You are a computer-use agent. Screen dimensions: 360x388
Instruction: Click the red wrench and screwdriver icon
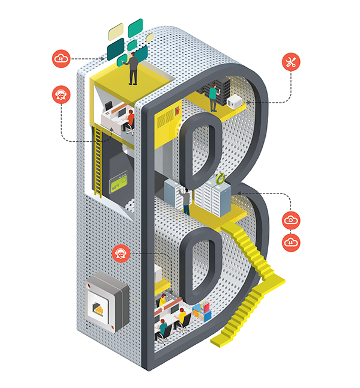pyautogui.click(x=291, y=62)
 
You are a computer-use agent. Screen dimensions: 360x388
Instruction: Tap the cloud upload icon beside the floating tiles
pyautogui.click(x=61, y=59)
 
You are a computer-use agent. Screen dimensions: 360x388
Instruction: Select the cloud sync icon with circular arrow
pyautogui.click(x=291, y=220)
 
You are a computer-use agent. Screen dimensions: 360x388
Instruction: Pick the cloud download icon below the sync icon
pyautogui.click(x=291, y=243)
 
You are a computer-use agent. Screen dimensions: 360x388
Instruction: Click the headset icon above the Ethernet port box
pyautogui.click(x=121, y=253)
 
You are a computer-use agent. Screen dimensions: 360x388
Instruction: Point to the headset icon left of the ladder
pyautogui.click(x=61, y=94)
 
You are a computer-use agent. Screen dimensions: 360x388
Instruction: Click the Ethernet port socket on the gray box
pyautogui.click(x=98, y=309)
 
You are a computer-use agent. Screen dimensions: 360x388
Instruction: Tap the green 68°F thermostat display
pyautogui.click(x=118, y=184)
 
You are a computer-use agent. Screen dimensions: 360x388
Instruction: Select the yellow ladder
pyautogui.click(x=98, y=160)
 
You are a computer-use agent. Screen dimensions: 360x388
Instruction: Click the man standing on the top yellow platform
pyautogui.click(x=133, y=68)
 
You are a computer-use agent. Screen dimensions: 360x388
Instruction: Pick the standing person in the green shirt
pyautogui.click(x=214, y=98)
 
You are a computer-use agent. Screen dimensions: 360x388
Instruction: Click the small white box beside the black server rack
pyautogui.click(x=235, y=102)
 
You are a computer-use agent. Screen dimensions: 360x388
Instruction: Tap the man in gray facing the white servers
pyautogui.click(x=185, y=201)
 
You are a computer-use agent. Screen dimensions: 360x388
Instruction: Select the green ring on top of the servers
pyautogui.click(x=220, y=178)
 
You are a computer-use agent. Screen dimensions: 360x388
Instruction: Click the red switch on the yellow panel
pyautogui.click(x=177, y=111)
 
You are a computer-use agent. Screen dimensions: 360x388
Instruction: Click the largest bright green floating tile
pyautogui.click(x=136, y=28)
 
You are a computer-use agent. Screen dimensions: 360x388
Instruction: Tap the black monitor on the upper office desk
pyautogui.click(x=108, y=106)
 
